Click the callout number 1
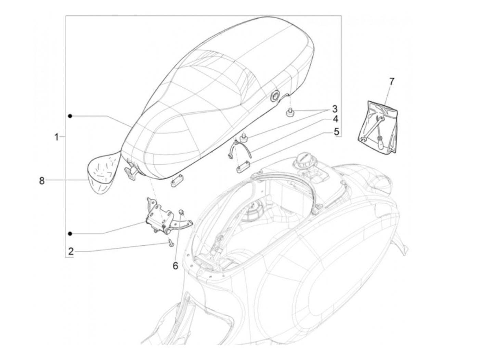[56, 137]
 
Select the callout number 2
[71, 252]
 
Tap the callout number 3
[334, 109]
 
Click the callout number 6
[175, 266]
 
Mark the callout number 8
[42, 181]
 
